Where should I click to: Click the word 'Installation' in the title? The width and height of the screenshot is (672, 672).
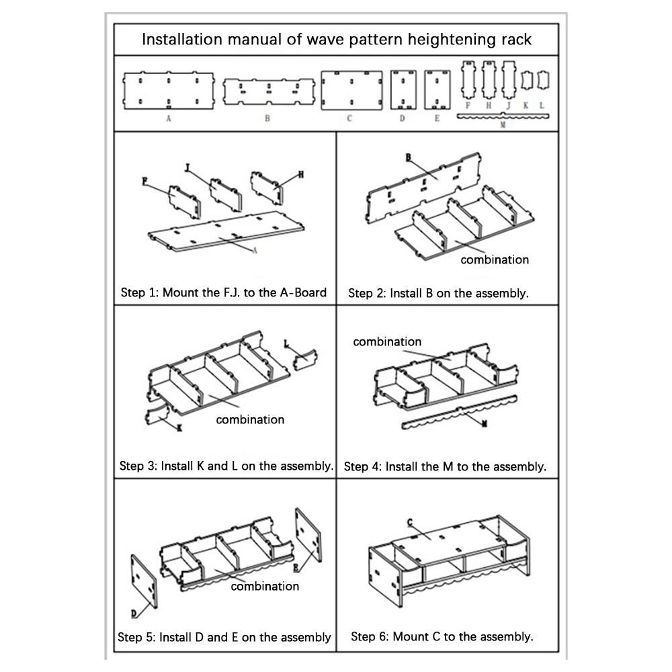[181, 40]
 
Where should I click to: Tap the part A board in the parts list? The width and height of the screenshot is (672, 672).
[169, 91]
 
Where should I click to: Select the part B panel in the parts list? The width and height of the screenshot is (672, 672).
[269, 91]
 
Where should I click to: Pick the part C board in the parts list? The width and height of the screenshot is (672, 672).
[351, 91]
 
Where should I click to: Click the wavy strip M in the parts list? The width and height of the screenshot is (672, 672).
[503, 116]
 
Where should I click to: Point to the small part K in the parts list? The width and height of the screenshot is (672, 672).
[526, 81]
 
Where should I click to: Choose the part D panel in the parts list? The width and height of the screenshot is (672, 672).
[403, 90]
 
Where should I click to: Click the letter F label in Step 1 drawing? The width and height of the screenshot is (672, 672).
[145, 181]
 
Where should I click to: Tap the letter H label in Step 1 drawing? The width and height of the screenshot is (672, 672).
[301, 175]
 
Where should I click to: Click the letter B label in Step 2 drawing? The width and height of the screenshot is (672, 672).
[409, 158]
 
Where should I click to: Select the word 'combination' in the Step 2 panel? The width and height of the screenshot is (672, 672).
[495, 259]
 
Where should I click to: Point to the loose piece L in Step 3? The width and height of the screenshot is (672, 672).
[305, 360]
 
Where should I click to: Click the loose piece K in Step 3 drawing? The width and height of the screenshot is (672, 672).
[157, 415]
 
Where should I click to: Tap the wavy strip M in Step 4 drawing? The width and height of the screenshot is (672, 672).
[460, 412]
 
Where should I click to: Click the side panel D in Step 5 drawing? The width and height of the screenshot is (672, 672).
[144, 581]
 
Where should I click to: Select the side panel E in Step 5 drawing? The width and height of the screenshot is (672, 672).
[308, 535]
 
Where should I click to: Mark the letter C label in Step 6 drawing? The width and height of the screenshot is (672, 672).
[410, 522]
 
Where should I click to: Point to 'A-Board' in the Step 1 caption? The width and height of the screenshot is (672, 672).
[303, 292]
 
